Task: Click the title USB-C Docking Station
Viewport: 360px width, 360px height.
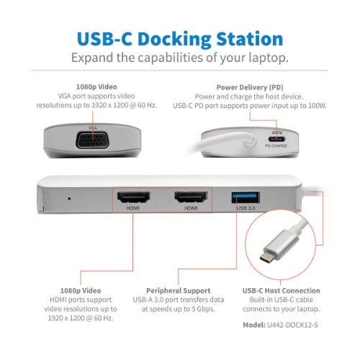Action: [x=180, y=38]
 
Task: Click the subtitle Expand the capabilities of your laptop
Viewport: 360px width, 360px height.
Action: [x=180, y=58]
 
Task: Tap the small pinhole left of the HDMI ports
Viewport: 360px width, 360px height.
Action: [x=68, y=197]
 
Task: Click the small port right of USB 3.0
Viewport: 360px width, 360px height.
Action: [x=278, y=197]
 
